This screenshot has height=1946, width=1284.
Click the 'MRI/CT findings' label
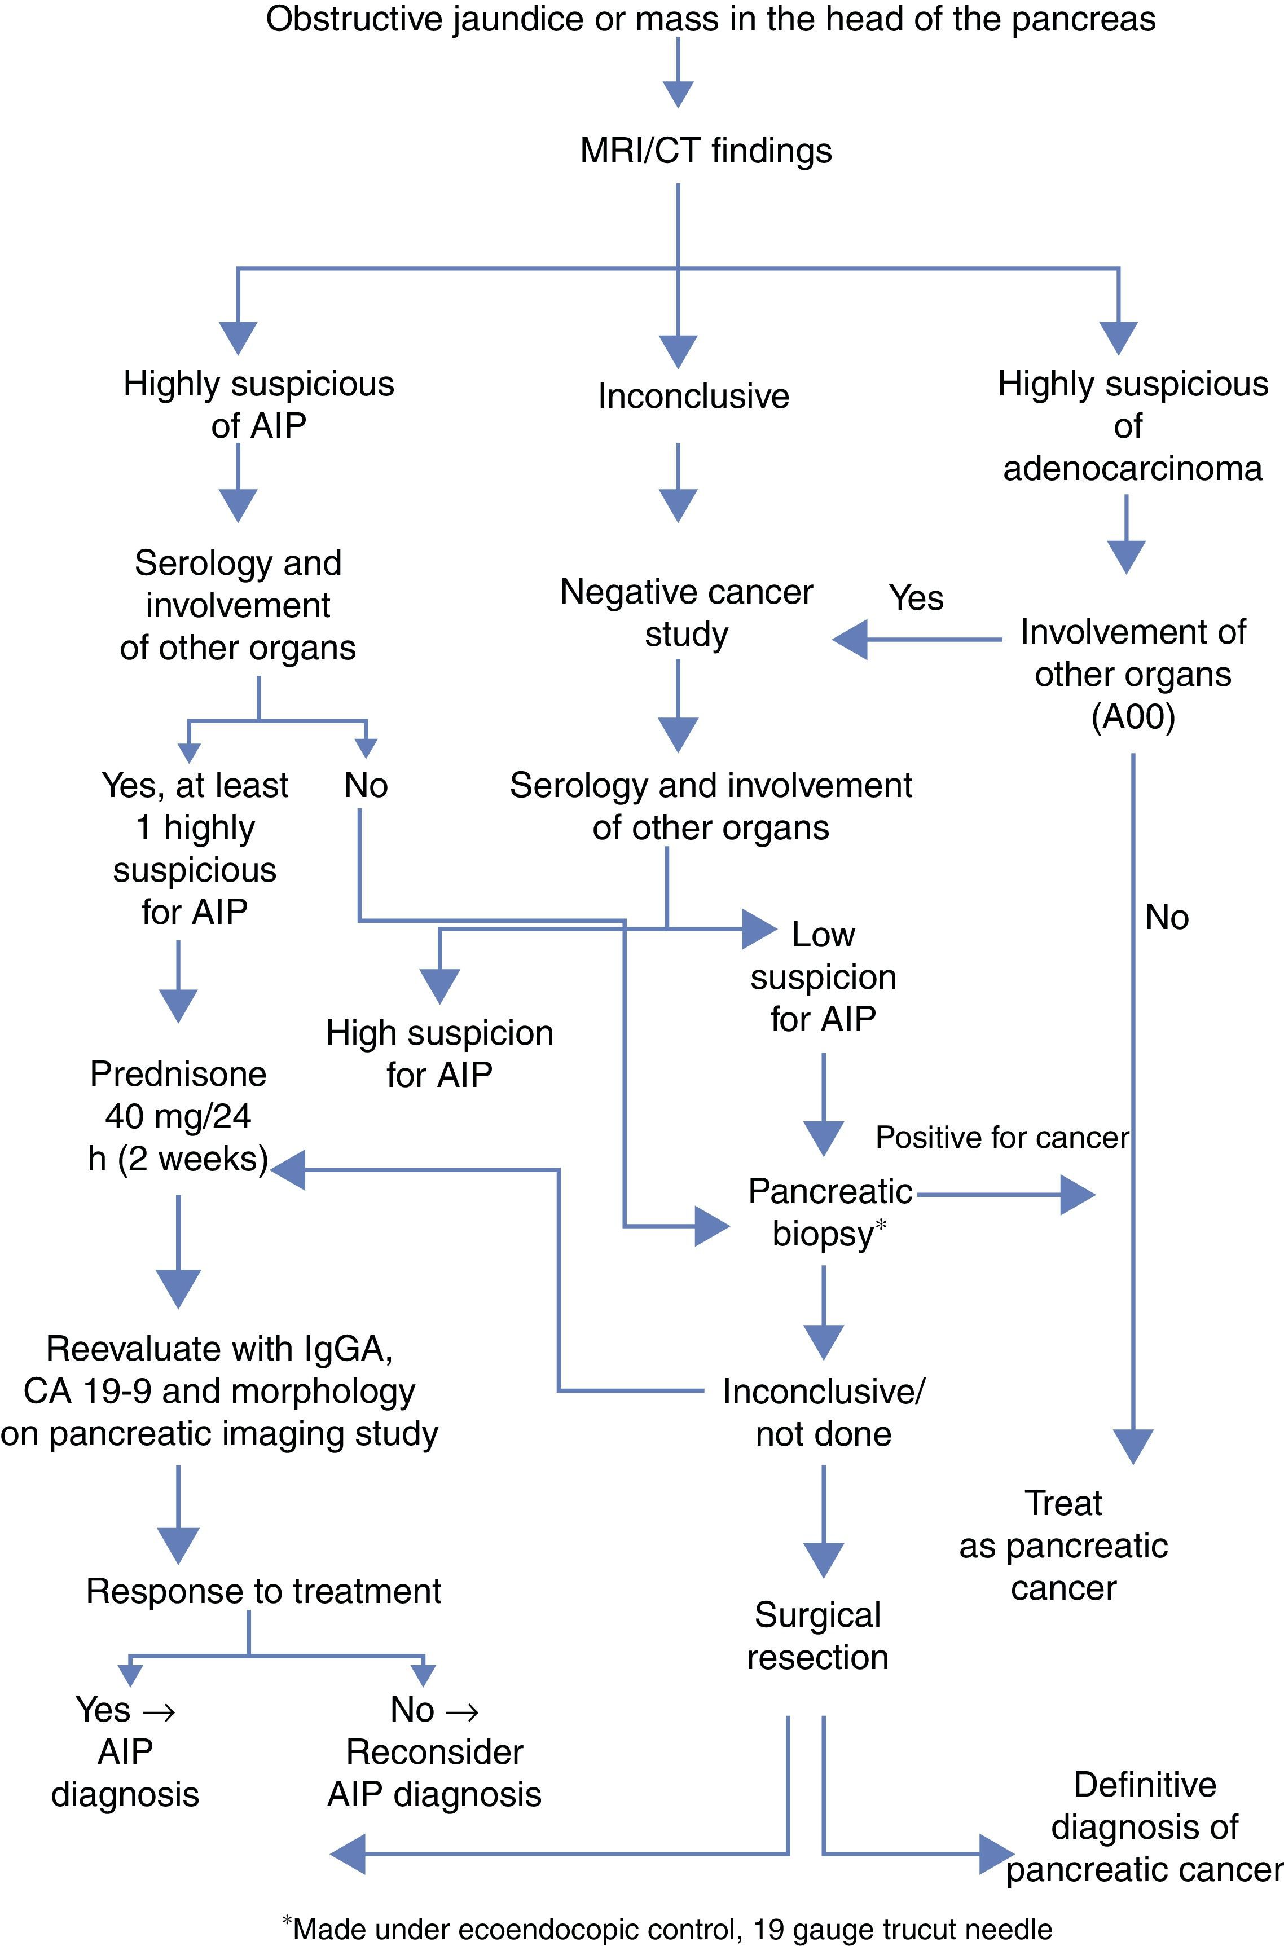pyautogui.click(x=706, y=151)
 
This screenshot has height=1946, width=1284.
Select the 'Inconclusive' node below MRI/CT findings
pyautogui.click(x=693, y=396)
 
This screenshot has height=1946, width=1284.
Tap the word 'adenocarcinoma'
pyautogui.click(x=1132, y=468)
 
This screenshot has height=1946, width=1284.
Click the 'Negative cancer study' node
pyautogui.click(x=686, y=613)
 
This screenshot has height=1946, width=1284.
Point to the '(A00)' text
pyautogui.click(x=1133, y=716)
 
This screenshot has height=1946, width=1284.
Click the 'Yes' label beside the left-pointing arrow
pyautogui.click(x=916, y=598)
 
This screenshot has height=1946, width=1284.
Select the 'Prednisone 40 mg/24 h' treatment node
pyautogui.click(x=178, y=1116)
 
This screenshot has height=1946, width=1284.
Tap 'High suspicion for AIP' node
pyautogui.click(x=439, y=1054)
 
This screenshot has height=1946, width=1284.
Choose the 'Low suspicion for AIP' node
pyautogui.click(x=823, y=977)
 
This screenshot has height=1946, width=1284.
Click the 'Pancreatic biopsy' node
pyautogui.click(x=829, y=1213)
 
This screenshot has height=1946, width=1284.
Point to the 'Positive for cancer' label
pyautogui.click(x=1001, y=1137)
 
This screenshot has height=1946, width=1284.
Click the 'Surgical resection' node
pyautogui.click(x=817, y=1636)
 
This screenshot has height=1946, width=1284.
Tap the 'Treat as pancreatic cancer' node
pyautogui.click(x=1063, y=1546)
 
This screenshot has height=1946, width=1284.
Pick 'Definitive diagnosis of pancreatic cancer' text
pyautogui.click(x=1144, y=1828)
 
